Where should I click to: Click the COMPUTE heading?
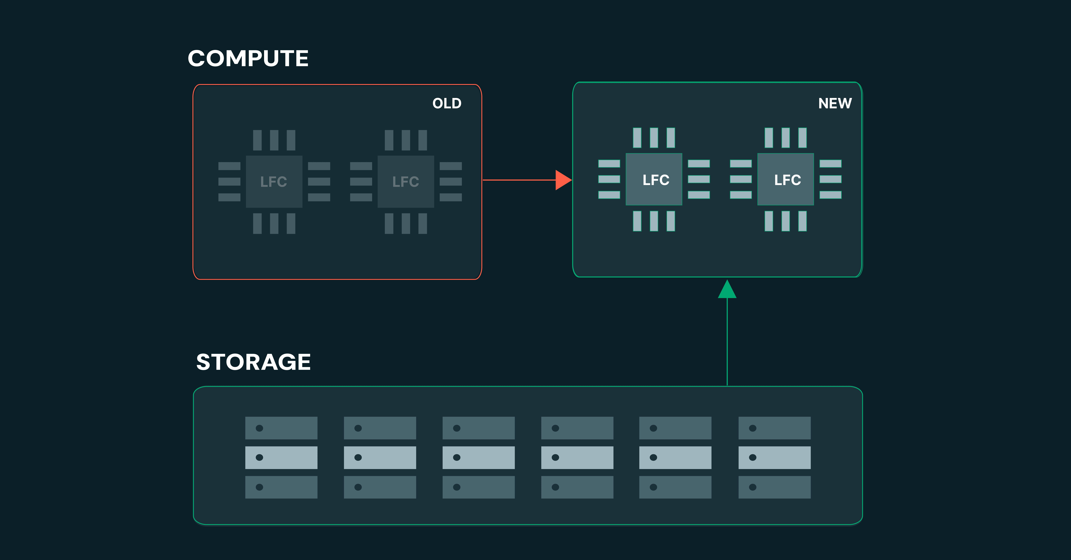(x=248, y=58)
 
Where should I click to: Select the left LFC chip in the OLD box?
(x=274, y=182)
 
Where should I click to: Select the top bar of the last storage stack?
(x=774, y=428)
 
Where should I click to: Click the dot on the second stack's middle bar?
(x=358, y=457)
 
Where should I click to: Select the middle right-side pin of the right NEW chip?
(x=830, y=179)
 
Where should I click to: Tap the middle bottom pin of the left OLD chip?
(x=274, y=223)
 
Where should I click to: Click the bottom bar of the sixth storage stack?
(x=774, y=487)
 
